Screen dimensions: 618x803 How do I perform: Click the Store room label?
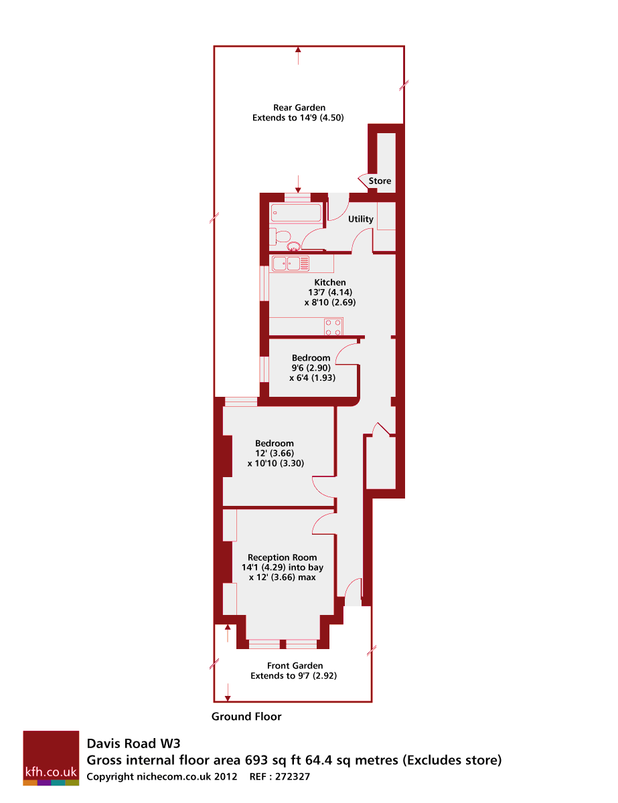(x=379, y=181)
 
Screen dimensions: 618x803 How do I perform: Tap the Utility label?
(x=360, y=219)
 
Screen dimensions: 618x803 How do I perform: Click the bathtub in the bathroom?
(x=296, y=213)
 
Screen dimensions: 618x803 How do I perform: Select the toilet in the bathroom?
(x=280, y=236)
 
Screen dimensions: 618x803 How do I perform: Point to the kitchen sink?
(x=290, y=264)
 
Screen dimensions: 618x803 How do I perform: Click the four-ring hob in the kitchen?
(x=333, y=327)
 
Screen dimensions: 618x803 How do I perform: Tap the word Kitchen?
(x=329, y=282)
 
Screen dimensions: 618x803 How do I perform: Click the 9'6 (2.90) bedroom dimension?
(x=311, y=367)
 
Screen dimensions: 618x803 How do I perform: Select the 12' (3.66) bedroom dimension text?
(x=275, y=453)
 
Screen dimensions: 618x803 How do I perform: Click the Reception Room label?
(x=282, y=557)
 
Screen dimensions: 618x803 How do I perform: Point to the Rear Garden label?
(x=299, y=108)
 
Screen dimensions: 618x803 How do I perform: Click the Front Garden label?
(x=295, y=666)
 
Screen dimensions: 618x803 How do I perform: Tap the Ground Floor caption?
(x=246, y=717)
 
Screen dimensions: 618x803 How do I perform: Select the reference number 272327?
(x=293, y=776)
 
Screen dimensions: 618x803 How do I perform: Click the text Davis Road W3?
(x=133, y=743)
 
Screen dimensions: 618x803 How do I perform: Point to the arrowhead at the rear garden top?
(x=298, y=50)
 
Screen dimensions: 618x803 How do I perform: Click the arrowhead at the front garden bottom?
(x=228, y=698)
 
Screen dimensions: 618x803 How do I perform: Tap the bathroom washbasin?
(x=294, y=246)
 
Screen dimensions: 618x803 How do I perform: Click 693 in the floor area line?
(x=256, y=760)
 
